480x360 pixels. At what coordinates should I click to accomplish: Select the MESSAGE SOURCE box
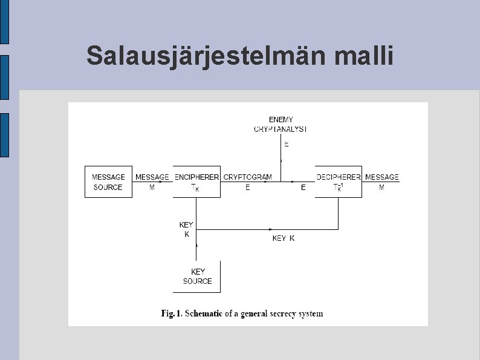coord(108,182)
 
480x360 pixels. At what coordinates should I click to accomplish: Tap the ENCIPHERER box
coord(196,182)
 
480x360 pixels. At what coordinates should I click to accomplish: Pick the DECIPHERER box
coord(339,182)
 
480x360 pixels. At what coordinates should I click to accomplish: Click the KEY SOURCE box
coord(198,277)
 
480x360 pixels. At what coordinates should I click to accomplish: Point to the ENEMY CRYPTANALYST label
coord(281,125)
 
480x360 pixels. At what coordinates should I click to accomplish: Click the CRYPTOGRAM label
coord(248,177)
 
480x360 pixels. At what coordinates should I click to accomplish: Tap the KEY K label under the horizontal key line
coord(284,238)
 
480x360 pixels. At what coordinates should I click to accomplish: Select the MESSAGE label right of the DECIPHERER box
coord(382,177)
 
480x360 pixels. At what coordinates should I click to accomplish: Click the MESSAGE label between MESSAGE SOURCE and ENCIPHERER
coord(152,177)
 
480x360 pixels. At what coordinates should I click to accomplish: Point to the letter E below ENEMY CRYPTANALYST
coord(287,145)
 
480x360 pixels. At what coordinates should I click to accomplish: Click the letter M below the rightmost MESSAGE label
coord(381,188)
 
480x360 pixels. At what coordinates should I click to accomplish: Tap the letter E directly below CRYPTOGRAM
coord(248,188)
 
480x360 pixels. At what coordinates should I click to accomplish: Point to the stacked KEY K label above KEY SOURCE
coord(186,229)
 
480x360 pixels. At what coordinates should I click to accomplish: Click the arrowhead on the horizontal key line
coord(271,229)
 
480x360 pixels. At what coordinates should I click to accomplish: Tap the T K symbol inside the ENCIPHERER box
coord(195,188)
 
